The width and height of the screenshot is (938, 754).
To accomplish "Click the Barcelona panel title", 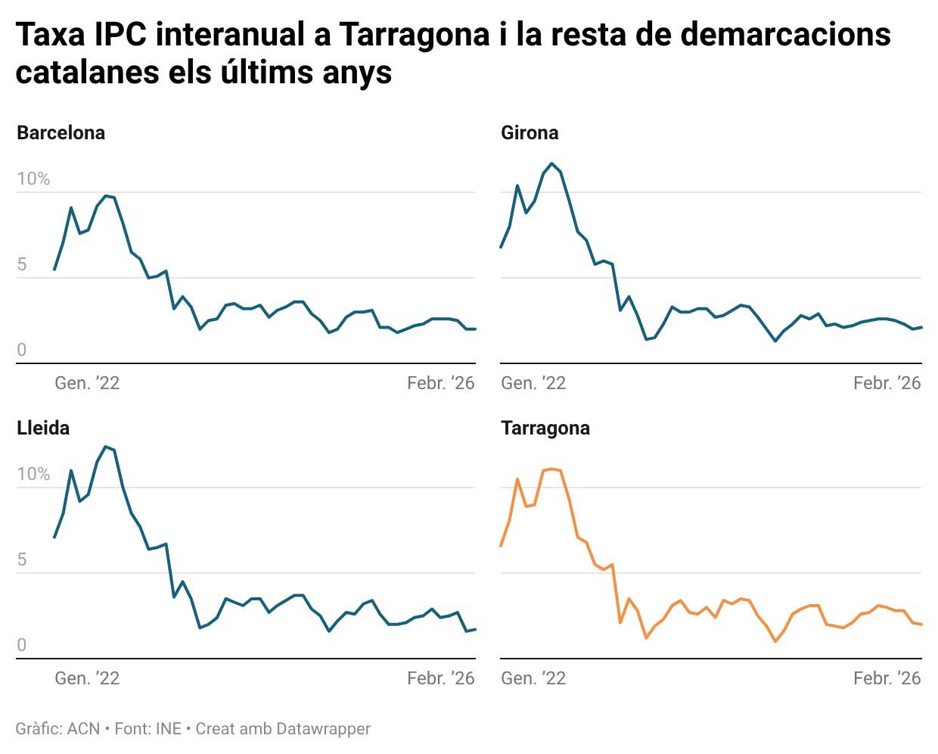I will tap(61, 132).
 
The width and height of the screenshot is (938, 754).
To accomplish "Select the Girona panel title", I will tap(530, 132).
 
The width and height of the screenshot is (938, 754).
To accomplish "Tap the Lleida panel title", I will tap(43, 428).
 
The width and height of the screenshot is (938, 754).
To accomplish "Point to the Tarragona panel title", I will tap(545, 428).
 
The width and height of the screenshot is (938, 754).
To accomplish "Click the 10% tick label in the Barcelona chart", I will tap(33, 179).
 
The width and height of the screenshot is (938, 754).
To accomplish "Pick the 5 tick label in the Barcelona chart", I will tap(22, 264).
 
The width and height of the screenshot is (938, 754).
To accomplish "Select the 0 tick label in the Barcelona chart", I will tap(22, 350).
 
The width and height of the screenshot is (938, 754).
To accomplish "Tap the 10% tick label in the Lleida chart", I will tap(33, 474).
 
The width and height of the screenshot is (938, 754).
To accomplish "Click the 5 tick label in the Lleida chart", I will tap(22, 559).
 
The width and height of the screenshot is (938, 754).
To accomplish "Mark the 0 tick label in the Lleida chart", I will tap(22, 645).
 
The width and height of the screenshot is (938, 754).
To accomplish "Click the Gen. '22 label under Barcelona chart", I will tap(87, 383).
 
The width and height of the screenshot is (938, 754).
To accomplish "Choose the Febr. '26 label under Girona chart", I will tap(887, 383).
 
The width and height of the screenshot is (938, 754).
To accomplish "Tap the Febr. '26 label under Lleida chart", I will tap(440, 678).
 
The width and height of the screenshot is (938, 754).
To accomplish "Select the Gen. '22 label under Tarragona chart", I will tap(533, 678).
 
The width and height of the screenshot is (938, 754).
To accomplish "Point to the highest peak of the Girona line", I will tap(552, 164).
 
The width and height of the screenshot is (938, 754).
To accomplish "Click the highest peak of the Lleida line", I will tap(106, 447).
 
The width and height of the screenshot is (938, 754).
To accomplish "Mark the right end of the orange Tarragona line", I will tap(921, 625).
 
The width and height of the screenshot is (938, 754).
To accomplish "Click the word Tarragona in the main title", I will tap(414, 34).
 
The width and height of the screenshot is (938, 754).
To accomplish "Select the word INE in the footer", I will tap(168, 729).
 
